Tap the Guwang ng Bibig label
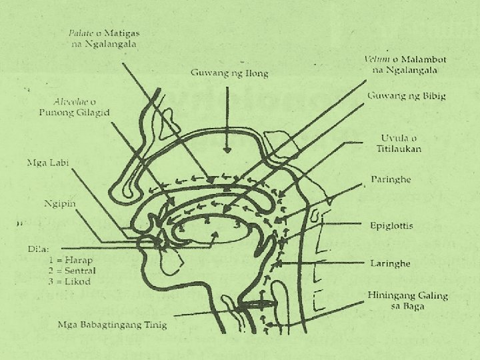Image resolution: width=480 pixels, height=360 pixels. [x=407, y=96]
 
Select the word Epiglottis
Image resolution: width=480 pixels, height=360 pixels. [x=391, y=226]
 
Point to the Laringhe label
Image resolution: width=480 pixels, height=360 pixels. [x=390, y=263]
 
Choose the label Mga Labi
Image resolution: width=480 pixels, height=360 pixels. [x=49, y=162]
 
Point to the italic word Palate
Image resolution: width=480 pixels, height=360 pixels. [x=81, y=33]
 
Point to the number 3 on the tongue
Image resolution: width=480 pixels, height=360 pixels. [x=237, y=225]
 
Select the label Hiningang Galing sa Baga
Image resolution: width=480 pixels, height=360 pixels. [x=407, y=300]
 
